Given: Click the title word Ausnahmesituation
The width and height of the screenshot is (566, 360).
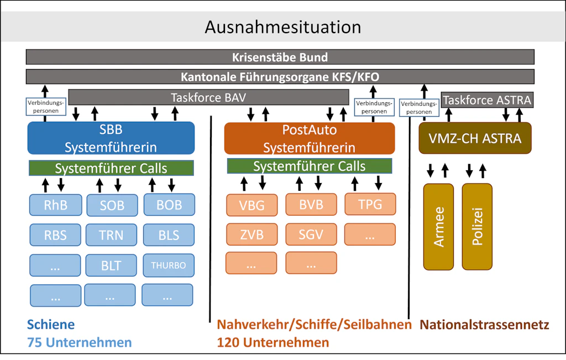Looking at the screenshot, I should (282, 27).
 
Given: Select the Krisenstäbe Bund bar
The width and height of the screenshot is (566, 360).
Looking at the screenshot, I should (280, 57).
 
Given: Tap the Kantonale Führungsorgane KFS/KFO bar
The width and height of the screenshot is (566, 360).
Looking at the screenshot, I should (280, 77).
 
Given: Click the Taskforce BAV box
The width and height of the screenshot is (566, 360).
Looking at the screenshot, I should (208, 98).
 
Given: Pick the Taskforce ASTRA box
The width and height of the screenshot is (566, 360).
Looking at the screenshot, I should (487, 100).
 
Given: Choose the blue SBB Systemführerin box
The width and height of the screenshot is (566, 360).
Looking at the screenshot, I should (111, 138).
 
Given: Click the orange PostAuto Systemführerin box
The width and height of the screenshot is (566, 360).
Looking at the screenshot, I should (309, 138).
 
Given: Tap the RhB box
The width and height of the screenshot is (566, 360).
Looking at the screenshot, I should (55, 205).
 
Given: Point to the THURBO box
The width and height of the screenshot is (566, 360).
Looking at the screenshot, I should (169, 265).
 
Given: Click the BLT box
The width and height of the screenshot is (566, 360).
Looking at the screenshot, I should (111, 265).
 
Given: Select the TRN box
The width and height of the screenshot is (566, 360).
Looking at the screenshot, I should (111, 235).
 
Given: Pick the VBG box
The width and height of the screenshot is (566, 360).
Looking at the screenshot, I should (251, 205).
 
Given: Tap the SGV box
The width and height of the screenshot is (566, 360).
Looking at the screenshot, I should (311, 234).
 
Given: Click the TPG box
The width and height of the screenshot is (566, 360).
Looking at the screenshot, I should (370, 204).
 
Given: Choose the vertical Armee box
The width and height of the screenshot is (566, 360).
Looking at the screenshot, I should (438, 227).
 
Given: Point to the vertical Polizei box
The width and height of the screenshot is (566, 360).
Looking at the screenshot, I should (476, 227).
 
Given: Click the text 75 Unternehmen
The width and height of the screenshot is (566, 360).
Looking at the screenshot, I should (80, 342).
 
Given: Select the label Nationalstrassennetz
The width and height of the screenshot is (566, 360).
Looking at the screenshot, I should (485, 325).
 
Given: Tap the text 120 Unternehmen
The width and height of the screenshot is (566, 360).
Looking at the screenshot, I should (273, 342).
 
